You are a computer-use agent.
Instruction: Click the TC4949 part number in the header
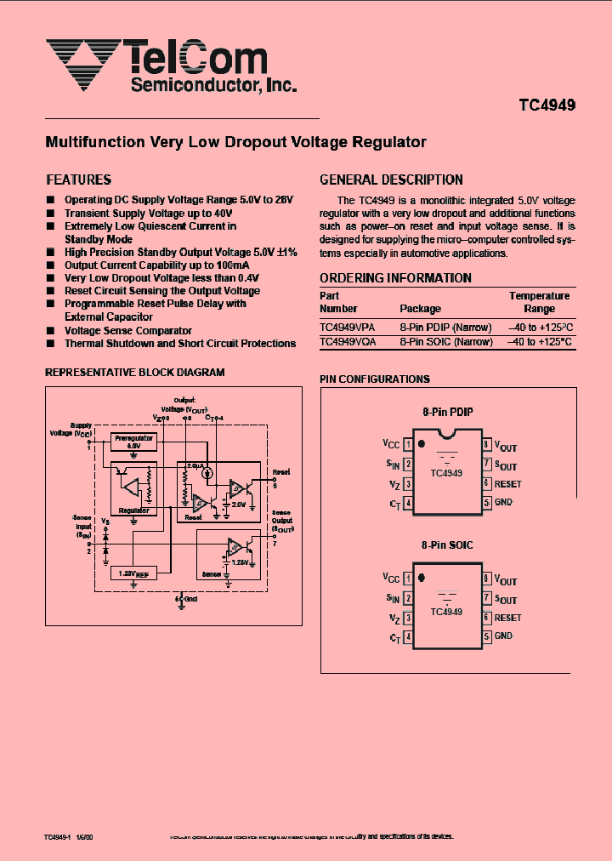pyautogui.click(x=547, y=106)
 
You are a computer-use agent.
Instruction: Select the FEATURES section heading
pyautogui.click(x=78, y=180)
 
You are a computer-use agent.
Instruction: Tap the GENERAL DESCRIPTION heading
pyautogui.click(x=391, y=180)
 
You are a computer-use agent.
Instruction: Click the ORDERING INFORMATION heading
pyautogui.click(x=395, y=278)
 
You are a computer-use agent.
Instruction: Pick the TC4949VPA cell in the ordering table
pyautogui.click(x=348, y=327)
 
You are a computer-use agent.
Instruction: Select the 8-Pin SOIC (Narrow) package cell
pyautogui.click(x=446, y=341)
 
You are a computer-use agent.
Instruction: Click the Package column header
pyautogui.click(x=420, y=309)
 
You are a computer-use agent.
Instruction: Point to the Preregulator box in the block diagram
pyautogui.click(x=133, y=441)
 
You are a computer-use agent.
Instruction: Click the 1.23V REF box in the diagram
pyautogui.click(x=133, y=573)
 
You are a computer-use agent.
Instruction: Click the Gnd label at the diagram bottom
pyautogui.click(x=190, y=600)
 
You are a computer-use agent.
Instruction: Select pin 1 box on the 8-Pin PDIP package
pyautogui.click(x=409, y=444)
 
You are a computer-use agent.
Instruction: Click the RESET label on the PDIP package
pyautogui.click(x=508, y=484)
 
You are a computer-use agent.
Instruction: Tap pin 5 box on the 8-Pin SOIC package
pyautogui.click(x=487, y=636)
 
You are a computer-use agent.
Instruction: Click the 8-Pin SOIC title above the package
pyautogui.click(x=448, y=545)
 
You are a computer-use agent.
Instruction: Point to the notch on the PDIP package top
pyautogui.click(x=448, y=436)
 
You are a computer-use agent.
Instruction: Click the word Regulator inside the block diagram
pyautogui.click(x=133, y=510)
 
